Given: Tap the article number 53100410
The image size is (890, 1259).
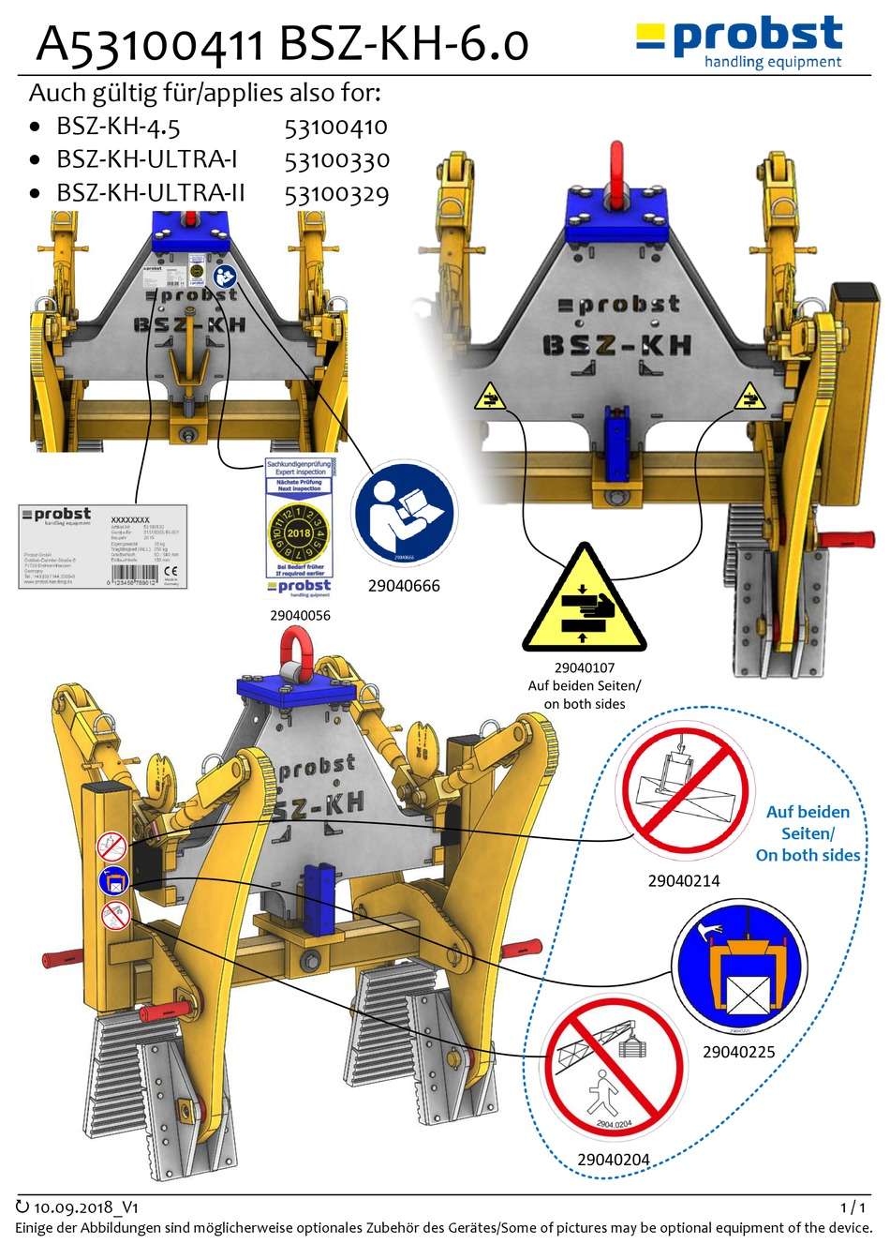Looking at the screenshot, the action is pos(335,127).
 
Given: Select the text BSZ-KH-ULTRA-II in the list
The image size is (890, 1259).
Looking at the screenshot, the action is pos(150,193).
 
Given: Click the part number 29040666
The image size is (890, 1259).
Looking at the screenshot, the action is pos(404,586).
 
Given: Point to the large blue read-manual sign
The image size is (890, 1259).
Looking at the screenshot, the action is pos(404,515).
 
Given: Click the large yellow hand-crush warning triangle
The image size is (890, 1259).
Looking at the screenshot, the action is pos(585,600).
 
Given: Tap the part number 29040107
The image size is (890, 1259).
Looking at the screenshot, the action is pos(585,667).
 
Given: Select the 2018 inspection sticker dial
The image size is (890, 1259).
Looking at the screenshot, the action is pos(299,532).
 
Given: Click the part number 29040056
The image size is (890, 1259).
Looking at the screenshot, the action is pos(300,616).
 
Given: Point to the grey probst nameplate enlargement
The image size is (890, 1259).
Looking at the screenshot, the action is pos(103,546).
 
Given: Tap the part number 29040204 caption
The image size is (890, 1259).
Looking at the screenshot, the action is pos(614,1160).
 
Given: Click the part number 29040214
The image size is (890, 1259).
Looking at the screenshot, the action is pos(684,881).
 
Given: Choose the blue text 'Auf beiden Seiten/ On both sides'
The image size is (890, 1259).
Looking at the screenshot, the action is pos(808,833).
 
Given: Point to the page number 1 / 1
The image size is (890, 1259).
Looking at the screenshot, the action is pos(853,1208).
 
